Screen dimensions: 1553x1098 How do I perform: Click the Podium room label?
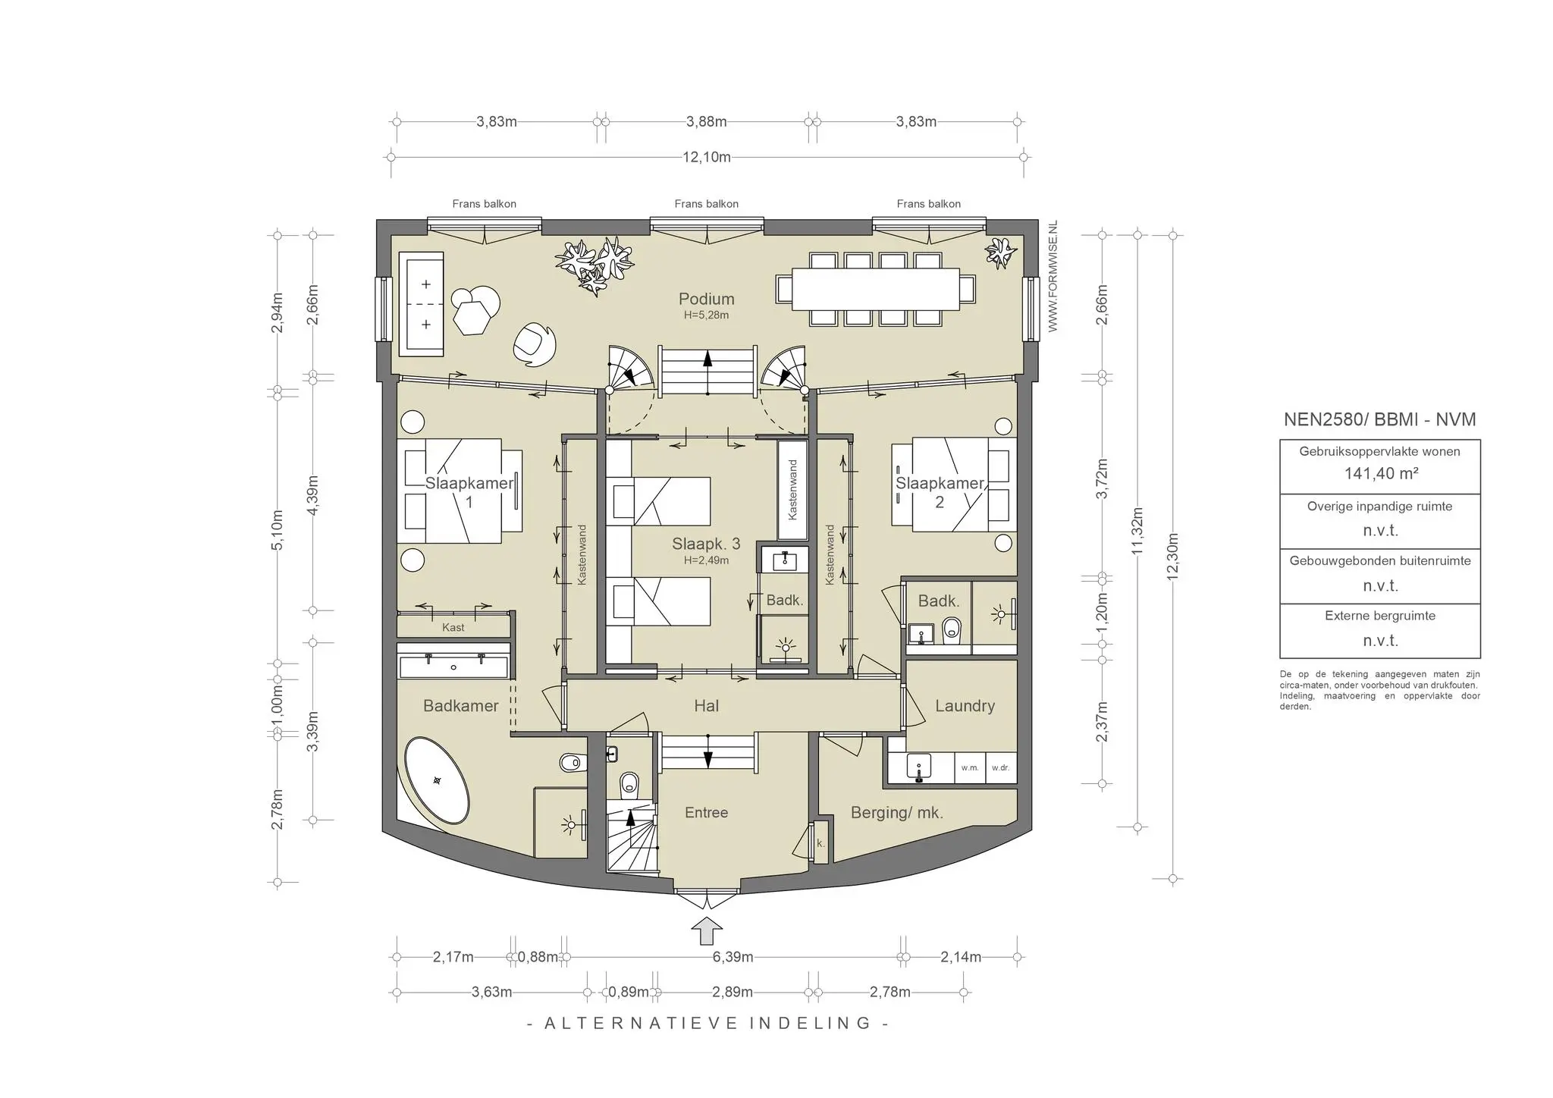pyautogui.click(x=706, y=299)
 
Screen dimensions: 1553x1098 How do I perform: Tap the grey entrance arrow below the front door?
pyautogui.click(x=707, y=932)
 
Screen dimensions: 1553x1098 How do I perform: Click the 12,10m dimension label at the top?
pyautogui.click(x=707, y=158)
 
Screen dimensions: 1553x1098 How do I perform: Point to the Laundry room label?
pyautogui.click(x=965, y=706)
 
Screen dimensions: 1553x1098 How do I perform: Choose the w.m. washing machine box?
pyautogui.click(x=970, y=768)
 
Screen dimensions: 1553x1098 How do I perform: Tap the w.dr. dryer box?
pyautogui.click(x=1001, y=768)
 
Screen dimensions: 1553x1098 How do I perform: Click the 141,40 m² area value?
pyautogui.click(x=1381, y=474)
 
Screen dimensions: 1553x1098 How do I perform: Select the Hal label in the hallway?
pyautogui.click(x=706, y=706)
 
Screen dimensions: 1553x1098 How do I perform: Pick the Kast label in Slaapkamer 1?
pyautogui.click(x=453, y=628)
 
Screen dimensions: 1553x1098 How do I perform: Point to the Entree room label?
pyautogui.click(x=706, y=813)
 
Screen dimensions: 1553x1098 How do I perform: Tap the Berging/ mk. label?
pyautogui.click(x=897, y=813)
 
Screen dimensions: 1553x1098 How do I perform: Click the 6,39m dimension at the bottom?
pyautogui.click(x=733, y=957)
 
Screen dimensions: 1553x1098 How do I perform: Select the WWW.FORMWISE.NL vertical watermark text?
pyautogui.click(x=1053, y=277)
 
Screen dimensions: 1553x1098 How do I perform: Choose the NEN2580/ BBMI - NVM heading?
pyautogui.click(x=1380, y=419)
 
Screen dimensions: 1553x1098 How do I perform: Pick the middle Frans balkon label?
pyautogui.click(x=707, y=204)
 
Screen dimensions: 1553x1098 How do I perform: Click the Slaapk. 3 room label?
pyautogui.click(x=706, y=544)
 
